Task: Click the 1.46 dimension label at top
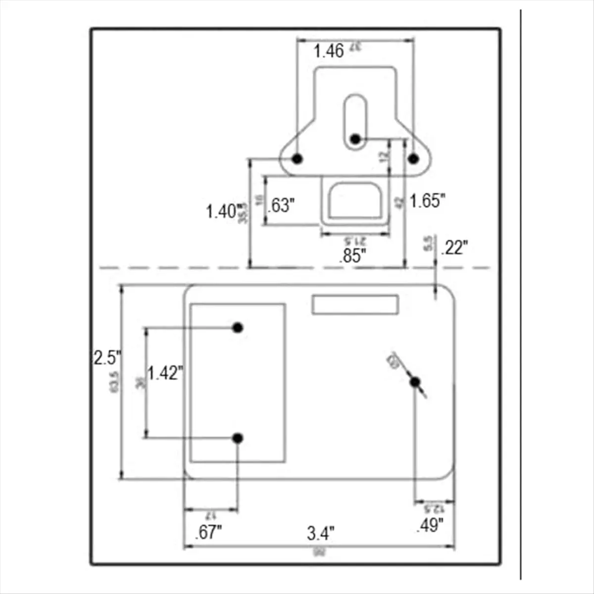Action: (x=329, y=50)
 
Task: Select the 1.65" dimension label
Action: (x=427, y=200)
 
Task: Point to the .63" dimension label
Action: (x=282, y=205)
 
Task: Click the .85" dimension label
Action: (x=353, y=256)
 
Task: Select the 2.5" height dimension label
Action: (x=107, y=357)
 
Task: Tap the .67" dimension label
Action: (x=208, y=533)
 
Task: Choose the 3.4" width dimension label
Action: (x=321, y=534)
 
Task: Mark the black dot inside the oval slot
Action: (x=355, y=139)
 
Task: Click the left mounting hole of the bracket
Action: (x=297, y=158)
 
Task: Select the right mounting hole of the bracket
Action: (x=413, y=158)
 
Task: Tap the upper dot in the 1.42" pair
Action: (x=238, y=327)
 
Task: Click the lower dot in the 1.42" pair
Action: (x=238, y=438)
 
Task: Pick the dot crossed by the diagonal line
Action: (x=415, y=382)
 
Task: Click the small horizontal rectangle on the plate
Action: (x=355, y=304)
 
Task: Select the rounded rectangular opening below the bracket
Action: (x=355, y=201)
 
